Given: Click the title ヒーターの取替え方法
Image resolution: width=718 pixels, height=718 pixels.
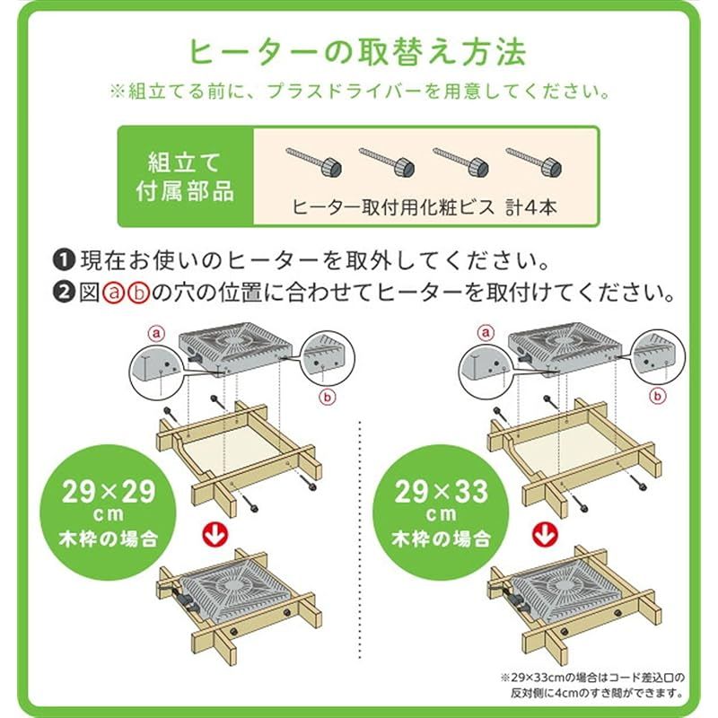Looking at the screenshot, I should coord(358,52).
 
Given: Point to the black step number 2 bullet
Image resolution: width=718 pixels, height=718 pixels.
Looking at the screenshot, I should coord(66,293).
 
